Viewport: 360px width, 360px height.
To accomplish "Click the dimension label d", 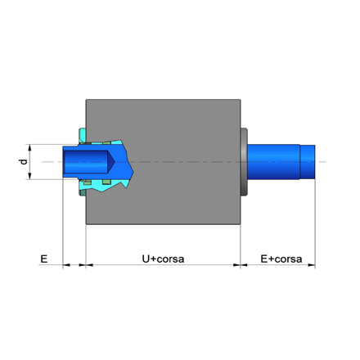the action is coord(25,162).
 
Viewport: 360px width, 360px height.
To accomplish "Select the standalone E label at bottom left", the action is coord(44,259).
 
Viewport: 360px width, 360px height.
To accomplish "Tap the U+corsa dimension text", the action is coord(163,259).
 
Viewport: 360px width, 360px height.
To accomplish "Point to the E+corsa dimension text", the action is coord(281,259).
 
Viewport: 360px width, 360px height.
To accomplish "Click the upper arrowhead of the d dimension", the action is coord(29,147).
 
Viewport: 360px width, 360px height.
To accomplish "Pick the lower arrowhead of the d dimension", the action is coord(29,176).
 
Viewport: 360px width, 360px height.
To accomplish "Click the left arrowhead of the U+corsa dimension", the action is coord(89,265).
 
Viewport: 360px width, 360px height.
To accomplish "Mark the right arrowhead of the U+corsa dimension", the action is coord(236,265).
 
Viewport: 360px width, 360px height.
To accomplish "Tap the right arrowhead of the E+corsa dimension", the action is coord(312,265).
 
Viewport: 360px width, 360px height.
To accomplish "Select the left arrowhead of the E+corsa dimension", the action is coord(244,265).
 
